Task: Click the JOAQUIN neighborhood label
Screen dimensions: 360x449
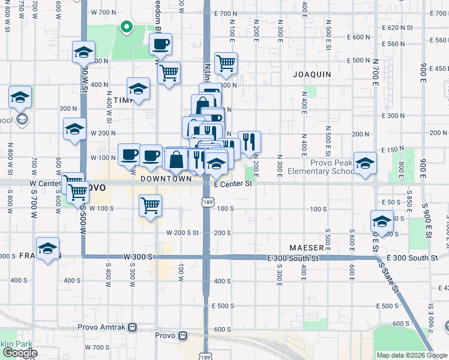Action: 312,74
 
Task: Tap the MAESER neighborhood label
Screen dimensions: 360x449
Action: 306,247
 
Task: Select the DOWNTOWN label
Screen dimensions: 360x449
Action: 166,179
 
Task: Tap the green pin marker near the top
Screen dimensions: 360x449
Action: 126,27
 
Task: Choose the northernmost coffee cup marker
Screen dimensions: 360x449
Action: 160,44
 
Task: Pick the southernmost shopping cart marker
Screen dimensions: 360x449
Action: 150,205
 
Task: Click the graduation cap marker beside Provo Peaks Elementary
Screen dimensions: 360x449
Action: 365,163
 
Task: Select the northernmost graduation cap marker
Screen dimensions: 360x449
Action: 84,52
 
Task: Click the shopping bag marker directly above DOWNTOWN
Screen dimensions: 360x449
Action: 176,160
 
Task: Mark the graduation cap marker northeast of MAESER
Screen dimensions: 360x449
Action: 382,221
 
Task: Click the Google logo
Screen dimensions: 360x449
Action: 19,353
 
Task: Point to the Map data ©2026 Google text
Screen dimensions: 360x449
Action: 412,355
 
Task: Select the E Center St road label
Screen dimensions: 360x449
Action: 232,185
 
